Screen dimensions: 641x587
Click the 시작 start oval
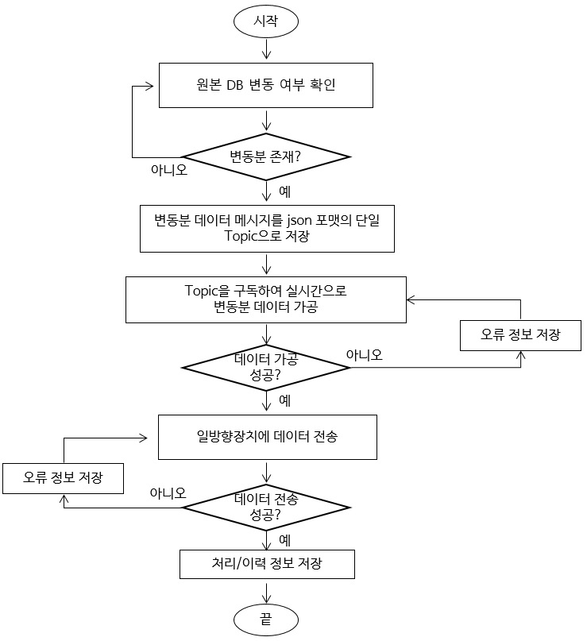[x=266, y=21]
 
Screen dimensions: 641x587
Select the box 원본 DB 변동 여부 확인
[x=266, y=84]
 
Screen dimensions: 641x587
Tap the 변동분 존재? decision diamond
[x=266, y=155]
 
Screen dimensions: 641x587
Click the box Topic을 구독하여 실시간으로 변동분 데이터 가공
[x=266, y=299]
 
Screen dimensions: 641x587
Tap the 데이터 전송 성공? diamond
[x=266, y=507]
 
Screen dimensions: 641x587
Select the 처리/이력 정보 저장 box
[x=266, y=564]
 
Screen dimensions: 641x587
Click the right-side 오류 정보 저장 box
[x=520, y=334]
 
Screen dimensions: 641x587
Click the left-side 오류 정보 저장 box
[x=63, y=478]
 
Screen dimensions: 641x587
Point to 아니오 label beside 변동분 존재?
[x=169, y=169]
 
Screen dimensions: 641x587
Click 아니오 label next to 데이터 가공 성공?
[x=365, y=355]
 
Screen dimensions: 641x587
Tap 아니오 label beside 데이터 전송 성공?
[x=168, y=493]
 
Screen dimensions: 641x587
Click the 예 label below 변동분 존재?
[x=284, y=191]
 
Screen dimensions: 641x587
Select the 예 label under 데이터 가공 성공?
[x=284, y=400]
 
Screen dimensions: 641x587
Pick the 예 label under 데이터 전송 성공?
[x=284, y=540]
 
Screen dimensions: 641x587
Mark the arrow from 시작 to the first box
[x=266, y=49]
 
